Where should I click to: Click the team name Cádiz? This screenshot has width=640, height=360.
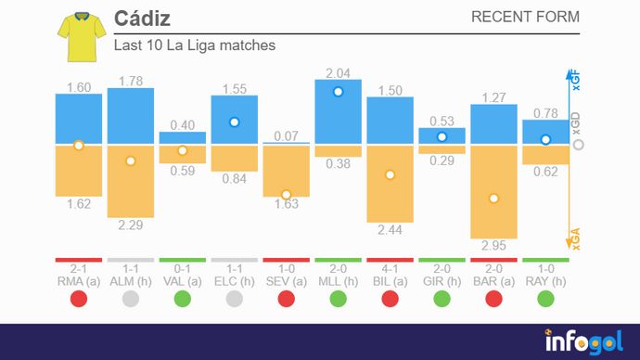[142, 19]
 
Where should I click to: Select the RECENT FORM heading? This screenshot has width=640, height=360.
[525, 17]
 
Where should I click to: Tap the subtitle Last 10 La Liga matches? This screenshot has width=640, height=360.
[194, 45]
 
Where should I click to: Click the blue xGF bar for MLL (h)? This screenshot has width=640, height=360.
[338, 111]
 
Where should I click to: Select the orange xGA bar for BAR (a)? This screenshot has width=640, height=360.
[493, 191]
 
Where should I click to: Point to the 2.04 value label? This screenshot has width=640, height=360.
[338, 72]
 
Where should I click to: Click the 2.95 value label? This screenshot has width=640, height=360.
[493, 247]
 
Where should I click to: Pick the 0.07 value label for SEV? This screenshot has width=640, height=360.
[286, 135]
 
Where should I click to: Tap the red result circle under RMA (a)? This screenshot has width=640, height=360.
[78, 299]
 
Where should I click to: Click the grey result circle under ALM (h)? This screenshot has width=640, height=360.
[130, 299]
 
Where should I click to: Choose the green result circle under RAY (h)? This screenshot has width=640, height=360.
[545, 299]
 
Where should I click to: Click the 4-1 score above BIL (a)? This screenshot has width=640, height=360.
[390, 267]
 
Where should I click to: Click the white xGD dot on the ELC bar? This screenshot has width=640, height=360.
[235, 122]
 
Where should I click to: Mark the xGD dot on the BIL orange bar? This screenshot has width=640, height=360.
[390, 174]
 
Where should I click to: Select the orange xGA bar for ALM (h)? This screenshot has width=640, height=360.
[130, 181]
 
